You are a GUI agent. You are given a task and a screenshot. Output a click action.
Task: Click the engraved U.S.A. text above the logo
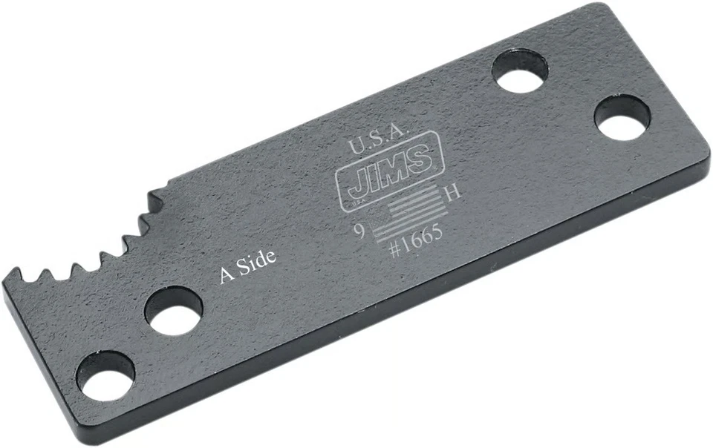pos(380,131)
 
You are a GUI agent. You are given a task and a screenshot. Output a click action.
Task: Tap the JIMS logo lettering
pos(384,164)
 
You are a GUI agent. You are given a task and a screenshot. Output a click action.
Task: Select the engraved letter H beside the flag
pos(452,193)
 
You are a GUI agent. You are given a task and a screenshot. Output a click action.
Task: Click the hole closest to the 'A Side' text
pos(173,311)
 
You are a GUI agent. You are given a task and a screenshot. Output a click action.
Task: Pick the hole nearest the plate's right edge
pos(622,117)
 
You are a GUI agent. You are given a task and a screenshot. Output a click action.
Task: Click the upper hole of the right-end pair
pos(521,70)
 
